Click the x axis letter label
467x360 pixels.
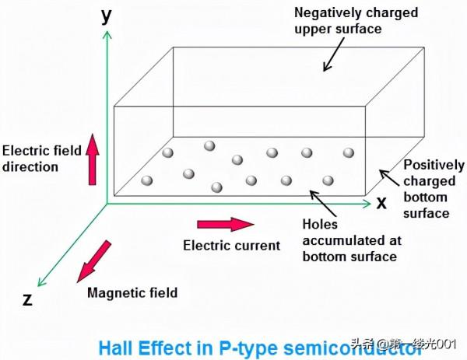click(381, 203)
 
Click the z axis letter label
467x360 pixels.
click(27, 300)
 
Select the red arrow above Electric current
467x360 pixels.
click(225, 224)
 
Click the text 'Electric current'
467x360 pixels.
click(231, 246)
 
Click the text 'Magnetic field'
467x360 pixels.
click(132, 293)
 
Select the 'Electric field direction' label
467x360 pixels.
click(40, 158)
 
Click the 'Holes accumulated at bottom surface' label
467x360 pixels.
click(349, 239)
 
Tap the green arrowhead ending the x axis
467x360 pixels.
click(367, 204)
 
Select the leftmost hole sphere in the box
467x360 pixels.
click(147, 180)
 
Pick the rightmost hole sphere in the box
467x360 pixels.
click(349, 152)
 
